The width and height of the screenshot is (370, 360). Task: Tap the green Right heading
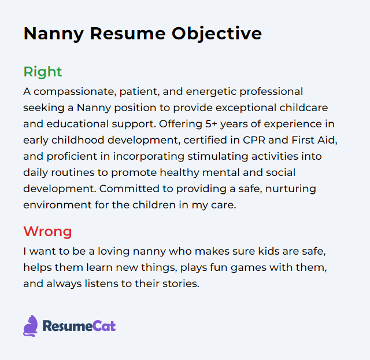pyautogui.click(x=42, y=72)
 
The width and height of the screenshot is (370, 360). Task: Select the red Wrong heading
pyautogui.click(x=47, y=232)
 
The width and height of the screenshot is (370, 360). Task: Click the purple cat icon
pyautogui.click(x=30, y=326)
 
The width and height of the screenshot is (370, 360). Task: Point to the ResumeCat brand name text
pyautogui.click(x=79, y=326)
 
